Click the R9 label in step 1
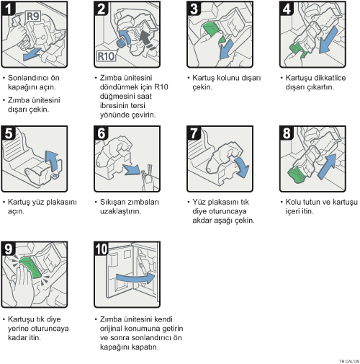[x=33, y=17]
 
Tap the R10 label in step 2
[x=106, y=56]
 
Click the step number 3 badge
[x=194, y=9]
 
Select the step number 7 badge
[x=194, y=133]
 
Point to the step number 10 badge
[x=101, y=249]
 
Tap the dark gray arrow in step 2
[x=147, y=39]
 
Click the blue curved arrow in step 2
[x=125, y=37]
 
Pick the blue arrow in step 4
[x=328, y=40]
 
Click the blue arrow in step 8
[x=328, y=167]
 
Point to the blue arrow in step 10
[x=136, y=278]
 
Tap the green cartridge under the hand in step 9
[x=31, y=267]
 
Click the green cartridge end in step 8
[x=297, y=175]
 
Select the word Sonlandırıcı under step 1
[x=26, y=78]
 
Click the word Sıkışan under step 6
[x=113, y=203]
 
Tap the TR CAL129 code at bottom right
[x=349, y=361]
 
